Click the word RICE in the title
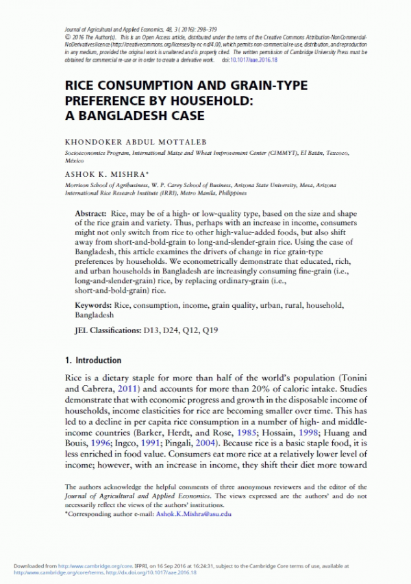(81, 86)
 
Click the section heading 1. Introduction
(93, 361)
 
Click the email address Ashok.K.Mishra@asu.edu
(195, 513)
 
